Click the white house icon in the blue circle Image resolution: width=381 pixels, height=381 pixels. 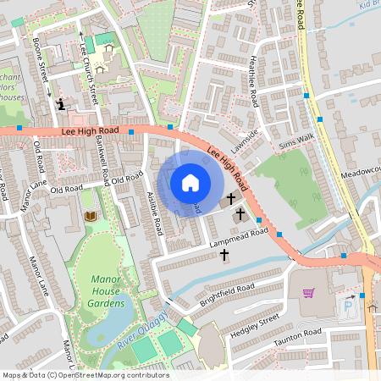[190, 182]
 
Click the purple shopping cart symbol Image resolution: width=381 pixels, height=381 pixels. [309, 293]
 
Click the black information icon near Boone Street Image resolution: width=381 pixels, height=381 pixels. [60, 104]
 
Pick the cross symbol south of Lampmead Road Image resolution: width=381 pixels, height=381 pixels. [225, 252]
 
